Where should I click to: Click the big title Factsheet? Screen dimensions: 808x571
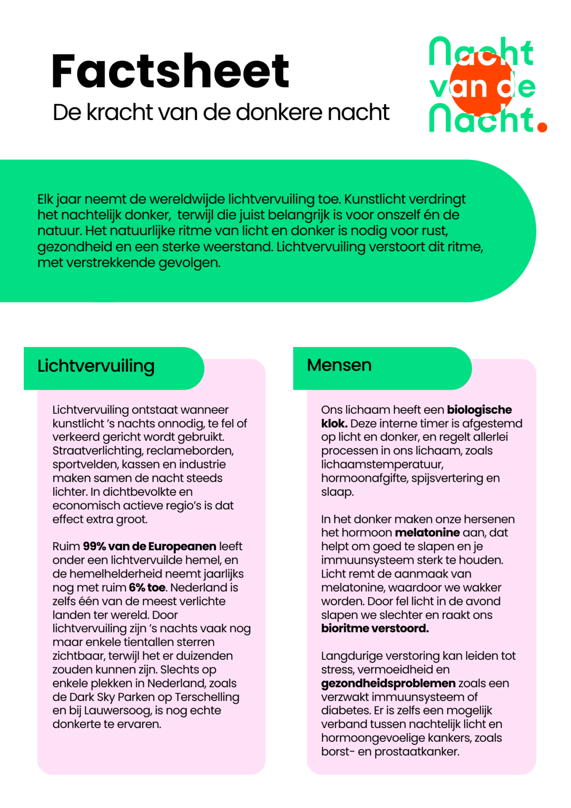click(170, 71)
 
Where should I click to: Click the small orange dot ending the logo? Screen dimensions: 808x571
click(541, 127)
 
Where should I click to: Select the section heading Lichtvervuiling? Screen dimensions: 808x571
click(96, 366)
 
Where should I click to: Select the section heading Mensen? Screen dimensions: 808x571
click(339, 365)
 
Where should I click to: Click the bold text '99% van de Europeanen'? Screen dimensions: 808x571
click(149, 546)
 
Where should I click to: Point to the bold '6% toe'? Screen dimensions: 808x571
click(147, 588)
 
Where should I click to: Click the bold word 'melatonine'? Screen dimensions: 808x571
click(427, 532)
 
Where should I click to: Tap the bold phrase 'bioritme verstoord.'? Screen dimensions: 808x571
click(375, 628)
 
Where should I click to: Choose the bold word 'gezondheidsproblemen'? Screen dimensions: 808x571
click(388, 683)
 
